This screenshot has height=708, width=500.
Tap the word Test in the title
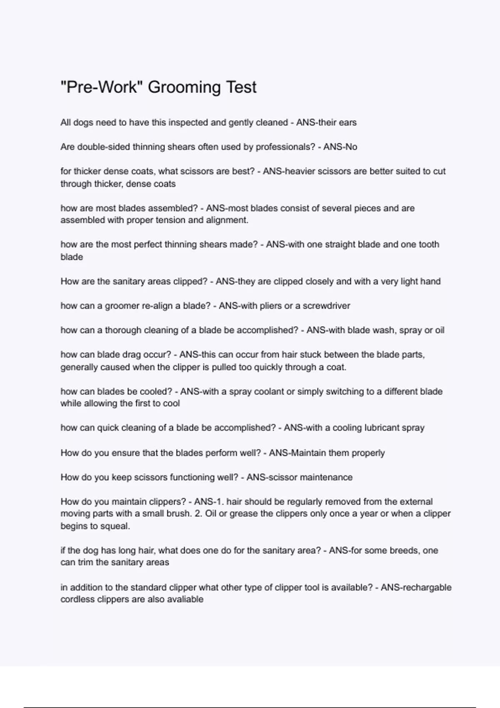pos(241,87)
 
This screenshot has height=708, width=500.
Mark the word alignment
pos(227,220)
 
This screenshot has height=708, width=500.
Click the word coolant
pos(271,391)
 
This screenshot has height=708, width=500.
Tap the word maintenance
pos(326,477)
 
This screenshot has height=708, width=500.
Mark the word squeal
pos(116,526)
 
